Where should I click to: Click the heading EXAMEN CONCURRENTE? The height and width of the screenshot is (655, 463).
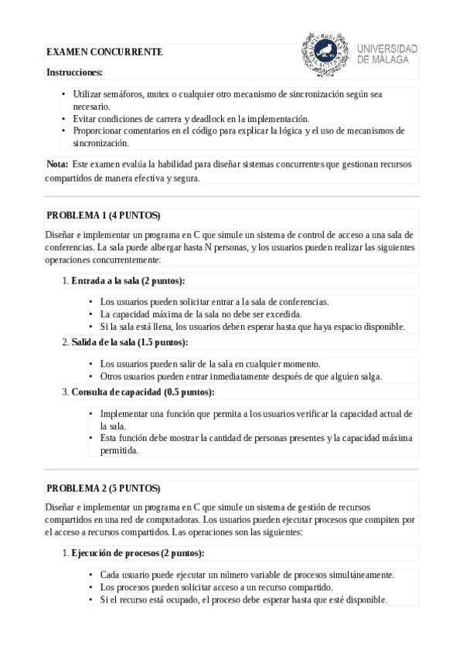pyautogui.click(x=104, y=52)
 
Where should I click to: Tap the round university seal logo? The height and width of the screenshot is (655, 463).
pyautogui.click(x=324, y=54)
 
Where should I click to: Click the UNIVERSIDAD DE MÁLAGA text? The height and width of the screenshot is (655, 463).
pyautogui.click(x=386, y=53)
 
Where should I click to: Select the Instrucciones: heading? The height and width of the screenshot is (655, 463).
pyautogui.click(x=74, y=72)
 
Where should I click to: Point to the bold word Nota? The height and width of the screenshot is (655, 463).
pyautogui.click(x=57, y=164)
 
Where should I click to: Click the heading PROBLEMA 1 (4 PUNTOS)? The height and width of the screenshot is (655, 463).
pyautogui.click(x=103, y=215)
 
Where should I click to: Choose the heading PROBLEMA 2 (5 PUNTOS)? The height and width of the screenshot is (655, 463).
pyautogui.click(x=103, y=488)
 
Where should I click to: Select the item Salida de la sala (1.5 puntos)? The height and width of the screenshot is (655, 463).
pyautogui.click(x=129, y=342)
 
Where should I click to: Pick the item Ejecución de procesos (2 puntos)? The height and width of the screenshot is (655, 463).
pyautogui.click(x=138, y=553)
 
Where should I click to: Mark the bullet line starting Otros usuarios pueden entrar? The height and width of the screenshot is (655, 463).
pyautogui.click(x=240, y=376)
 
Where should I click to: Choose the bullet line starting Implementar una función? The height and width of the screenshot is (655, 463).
pyautogui.click(x=256, y=414)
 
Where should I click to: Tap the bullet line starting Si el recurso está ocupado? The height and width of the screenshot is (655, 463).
pyautogui.click(x=243, y=599)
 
